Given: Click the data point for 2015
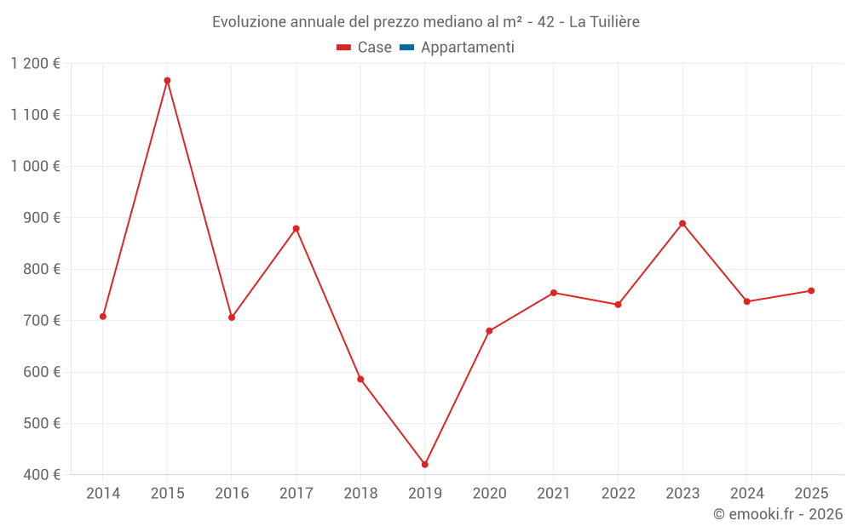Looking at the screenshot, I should tap(167, 81).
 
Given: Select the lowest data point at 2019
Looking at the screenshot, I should tap(424, 465).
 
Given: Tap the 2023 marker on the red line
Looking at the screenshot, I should tap(682, 224).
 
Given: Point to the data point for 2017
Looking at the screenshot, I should tap(296, 229).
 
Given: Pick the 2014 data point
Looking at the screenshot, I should tap(103, 317).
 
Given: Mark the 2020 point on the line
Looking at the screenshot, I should tap(489, 331).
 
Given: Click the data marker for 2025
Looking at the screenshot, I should tap(811, 291).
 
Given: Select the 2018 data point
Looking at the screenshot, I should tap(360, 380).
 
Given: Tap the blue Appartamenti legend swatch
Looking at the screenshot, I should tap(406, 48).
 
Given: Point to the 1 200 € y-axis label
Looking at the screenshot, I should tap(35, 64).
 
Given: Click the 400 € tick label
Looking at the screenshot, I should tap(40, 475).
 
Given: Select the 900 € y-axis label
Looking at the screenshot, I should tap(40, 218).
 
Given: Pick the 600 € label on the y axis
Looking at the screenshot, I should tap(40, 372).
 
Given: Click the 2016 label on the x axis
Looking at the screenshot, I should tap(232, 494).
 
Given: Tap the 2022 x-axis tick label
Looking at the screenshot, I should tap(618, 494).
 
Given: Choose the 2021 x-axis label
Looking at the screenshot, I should tap(554, 494).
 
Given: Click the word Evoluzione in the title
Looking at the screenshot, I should tap(247, 22).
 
